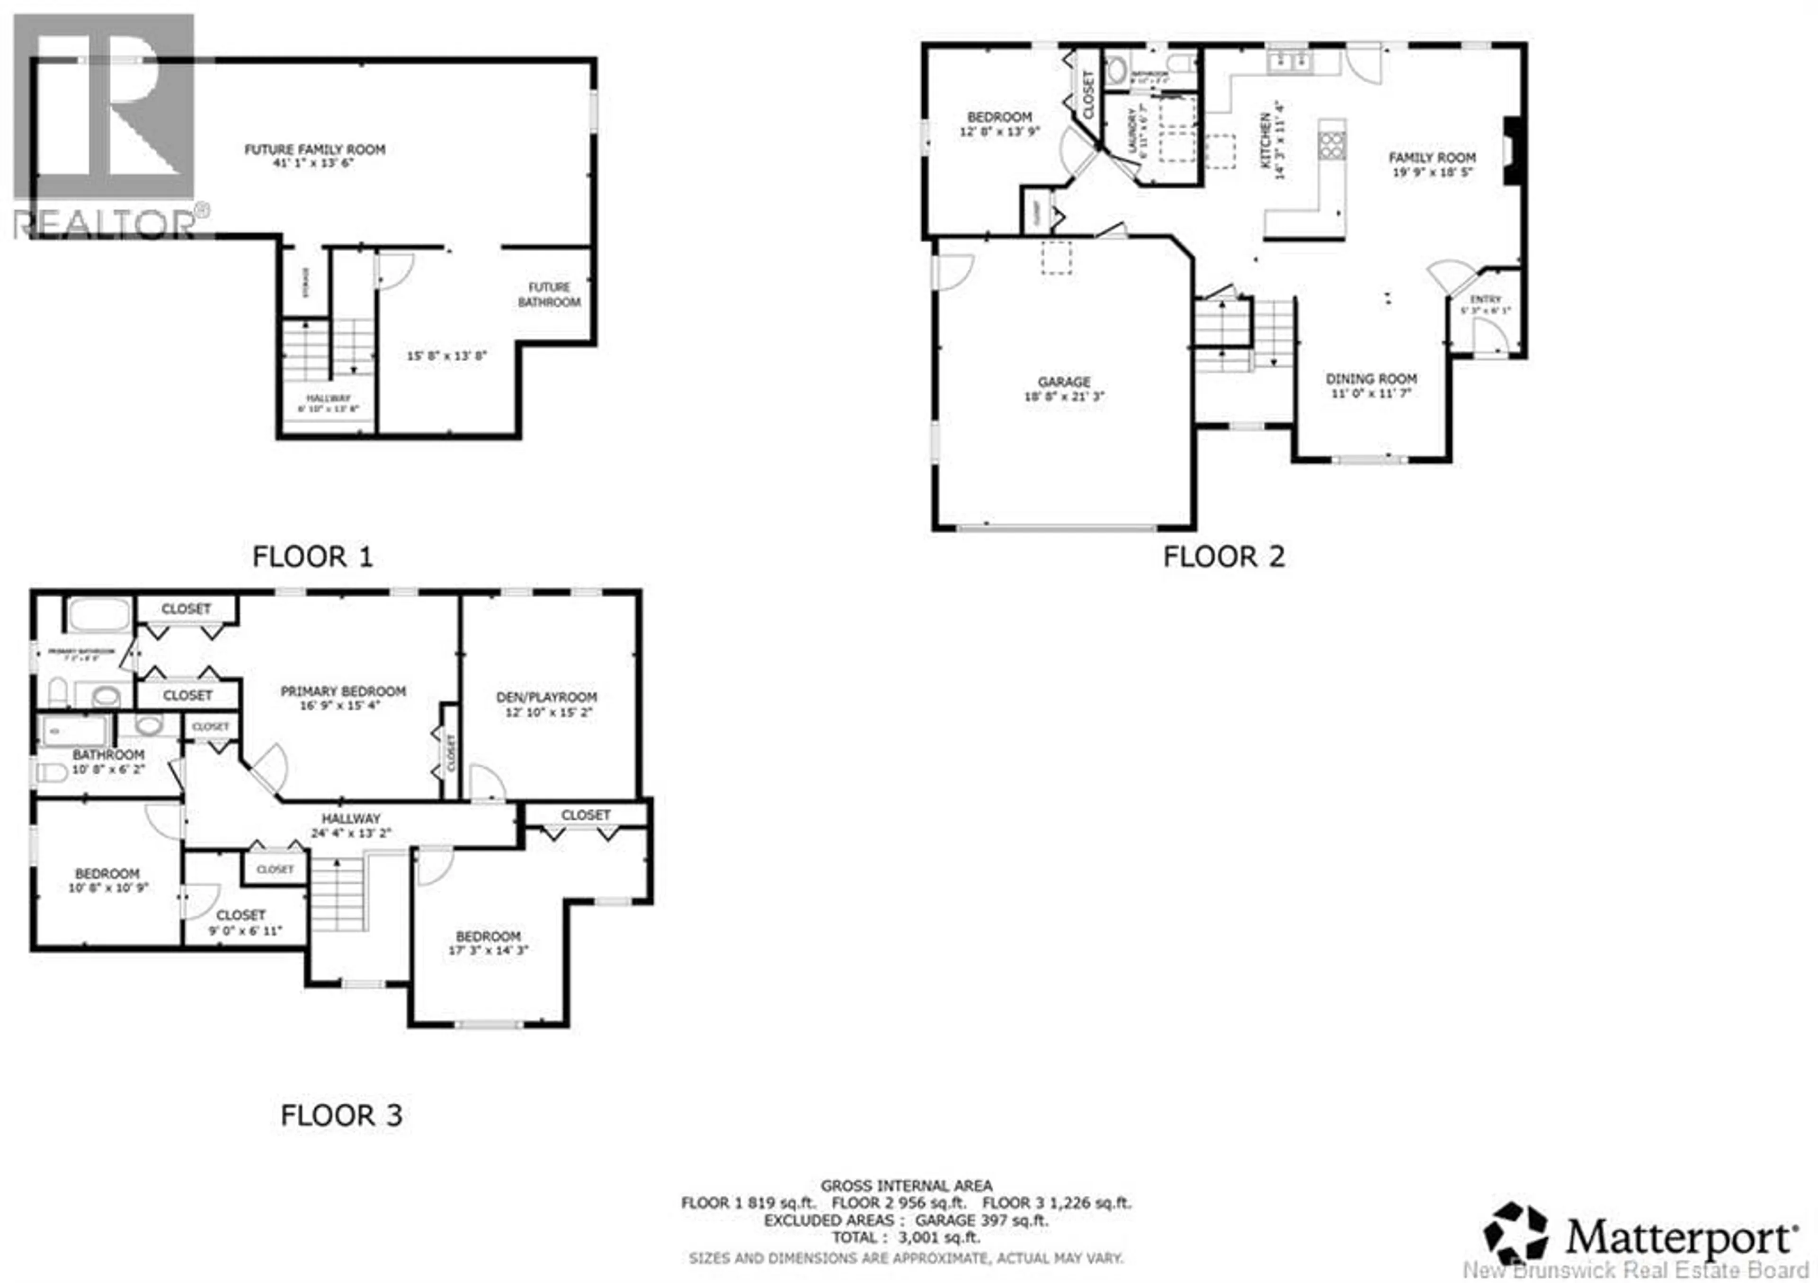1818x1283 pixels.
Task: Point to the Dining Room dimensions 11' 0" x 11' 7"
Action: [x=1372, y=393]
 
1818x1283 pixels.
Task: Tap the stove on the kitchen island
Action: [x=1332, y=146]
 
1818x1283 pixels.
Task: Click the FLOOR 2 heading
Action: [x=1223, y=557]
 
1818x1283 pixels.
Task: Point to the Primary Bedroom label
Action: [x=343, y=691]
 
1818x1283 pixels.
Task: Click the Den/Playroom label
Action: [x=546, y=697]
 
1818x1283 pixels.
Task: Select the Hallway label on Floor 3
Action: [x=351, y=818]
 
